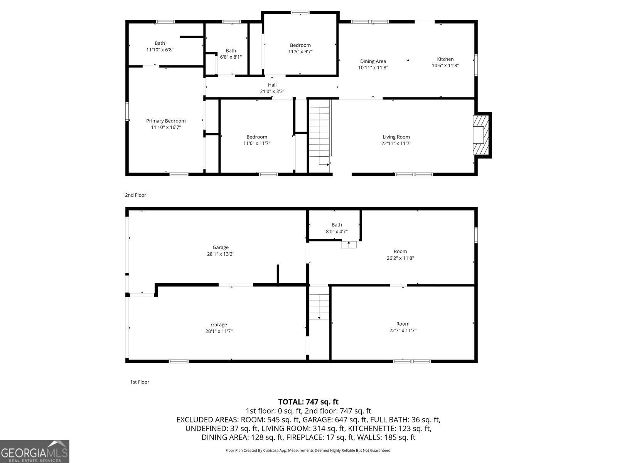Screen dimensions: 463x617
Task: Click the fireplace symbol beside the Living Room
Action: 480,135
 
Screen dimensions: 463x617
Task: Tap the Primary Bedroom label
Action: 166,121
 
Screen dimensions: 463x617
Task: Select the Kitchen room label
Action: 445,59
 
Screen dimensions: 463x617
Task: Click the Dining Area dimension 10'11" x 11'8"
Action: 373,68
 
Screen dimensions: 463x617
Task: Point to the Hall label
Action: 272,85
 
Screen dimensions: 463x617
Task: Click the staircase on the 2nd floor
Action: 320,131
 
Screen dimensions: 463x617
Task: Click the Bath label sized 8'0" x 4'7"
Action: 337,225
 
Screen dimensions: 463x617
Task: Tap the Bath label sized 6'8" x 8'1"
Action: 231,51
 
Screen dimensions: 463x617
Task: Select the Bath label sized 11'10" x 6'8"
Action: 160,43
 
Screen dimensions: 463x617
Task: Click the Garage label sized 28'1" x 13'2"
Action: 221,247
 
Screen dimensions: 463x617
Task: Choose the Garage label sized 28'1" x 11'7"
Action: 219,324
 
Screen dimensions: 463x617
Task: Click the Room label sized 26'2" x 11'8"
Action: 400,251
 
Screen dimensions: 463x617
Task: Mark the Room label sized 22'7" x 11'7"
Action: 403,324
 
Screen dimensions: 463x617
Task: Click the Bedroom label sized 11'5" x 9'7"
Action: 300,45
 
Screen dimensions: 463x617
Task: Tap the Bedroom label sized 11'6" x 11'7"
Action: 257,137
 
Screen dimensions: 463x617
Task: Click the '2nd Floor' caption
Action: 136,195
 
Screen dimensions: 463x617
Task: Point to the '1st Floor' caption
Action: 140,382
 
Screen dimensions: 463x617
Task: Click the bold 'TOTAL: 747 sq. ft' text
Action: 308,402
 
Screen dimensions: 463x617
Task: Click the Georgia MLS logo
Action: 34,451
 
